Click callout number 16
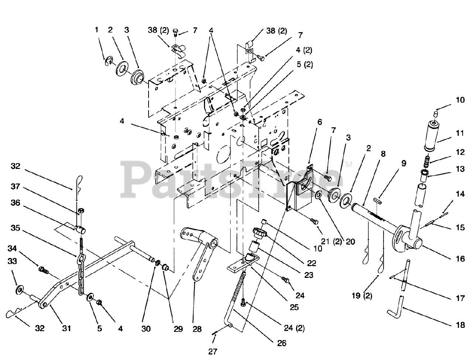pos(460,259)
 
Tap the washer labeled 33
pos(18,290)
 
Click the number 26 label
pos(282,343)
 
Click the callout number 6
pos(319,122)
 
